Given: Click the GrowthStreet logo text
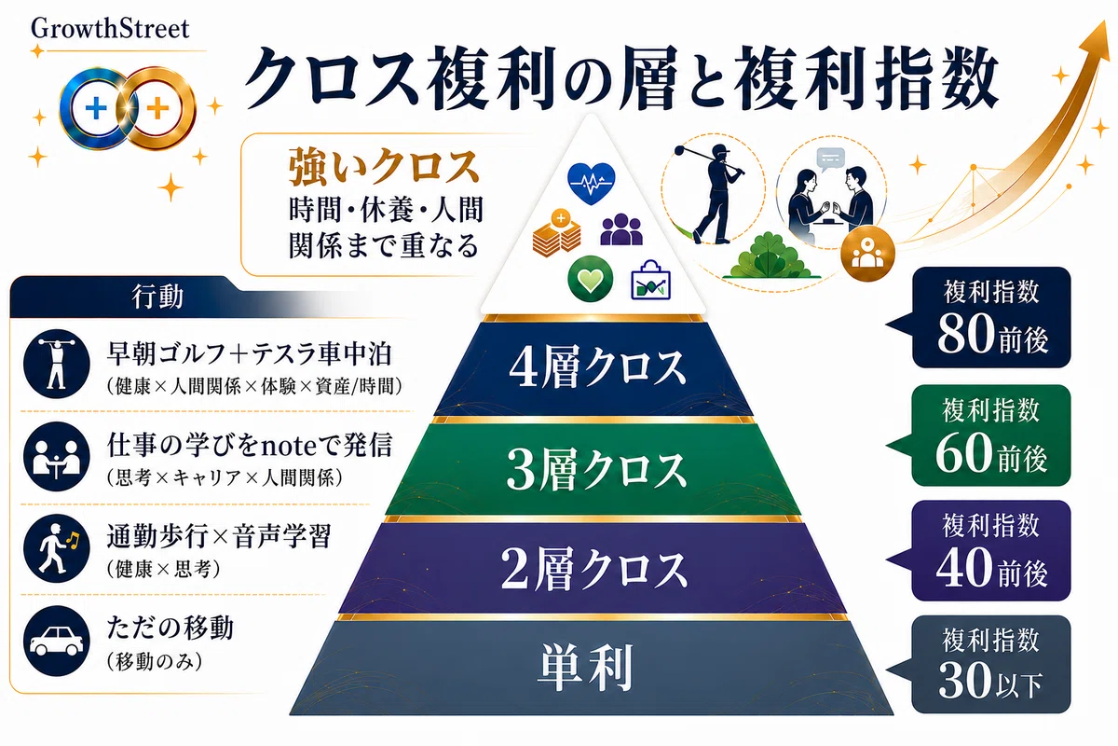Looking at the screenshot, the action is pyautogui.click(x=110, y=29).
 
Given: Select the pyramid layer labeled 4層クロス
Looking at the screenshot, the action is pyautogui.click(x=595, y=369).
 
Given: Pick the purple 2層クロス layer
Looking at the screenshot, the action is pyautogui.click(x=594, y=569).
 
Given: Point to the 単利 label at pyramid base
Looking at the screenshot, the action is pyautogui.click(x=585, y=668).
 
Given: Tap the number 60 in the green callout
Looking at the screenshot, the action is pyautogui.click(x=963, y=451).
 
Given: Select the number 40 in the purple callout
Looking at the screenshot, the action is pyautogui.click(x=964, y=567).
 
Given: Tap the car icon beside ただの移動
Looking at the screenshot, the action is pyautogui.click(x=57, y=641).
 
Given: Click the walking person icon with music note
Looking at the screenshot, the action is pyautogui.click(x=57, y=548).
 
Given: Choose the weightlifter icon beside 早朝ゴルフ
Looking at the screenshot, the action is pyautogui.click(x=57, y=364).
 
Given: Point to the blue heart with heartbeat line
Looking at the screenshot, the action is pyautogui.click(x=592, y=183).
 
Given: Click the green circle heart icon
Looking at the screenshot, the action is pyautogui.click(x=591, y=279).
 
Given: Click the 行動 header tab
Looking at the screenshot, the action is pyautogui.click(x=157, y=297).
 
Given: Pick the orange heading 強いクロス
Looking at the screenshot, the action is pyautogui.click(x=383, y=166).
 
